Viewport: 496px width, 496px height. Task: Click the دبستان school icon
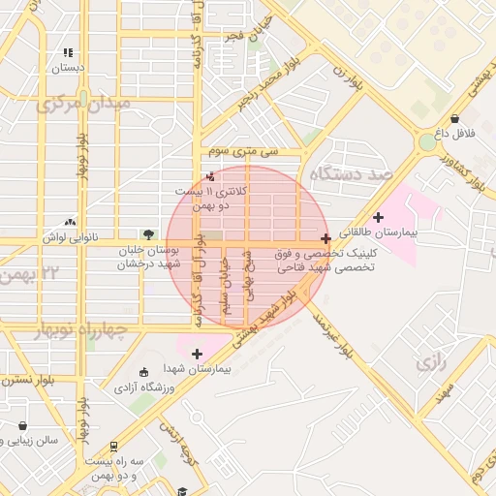pyautogui.click(x=68, y=52)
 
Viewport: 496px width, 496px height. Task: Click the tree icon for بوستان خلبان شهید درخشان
pyautogui.click(x=147, y=233)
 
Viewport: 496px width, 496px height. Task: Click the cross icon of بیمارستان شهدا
pyautogui.click(x=198, y=354)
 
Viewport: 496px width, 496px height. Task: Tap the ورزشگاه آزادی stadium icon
pyautogui.click(x=144, y=373)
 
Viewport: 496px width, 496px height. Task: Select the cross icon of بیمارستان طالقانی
pyautogui.click(x=378, y=217)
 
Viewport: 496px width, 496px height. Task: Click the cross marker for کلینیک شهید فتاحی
pyautogui.click(x=325, y=237)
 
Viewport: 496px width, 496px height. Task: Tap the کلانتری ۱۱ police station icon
pyautogui.click(x=212, y=177)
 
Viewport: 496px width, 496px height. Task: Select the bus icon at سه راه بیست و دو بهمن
pyautogui.click(x=114, y=447)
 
